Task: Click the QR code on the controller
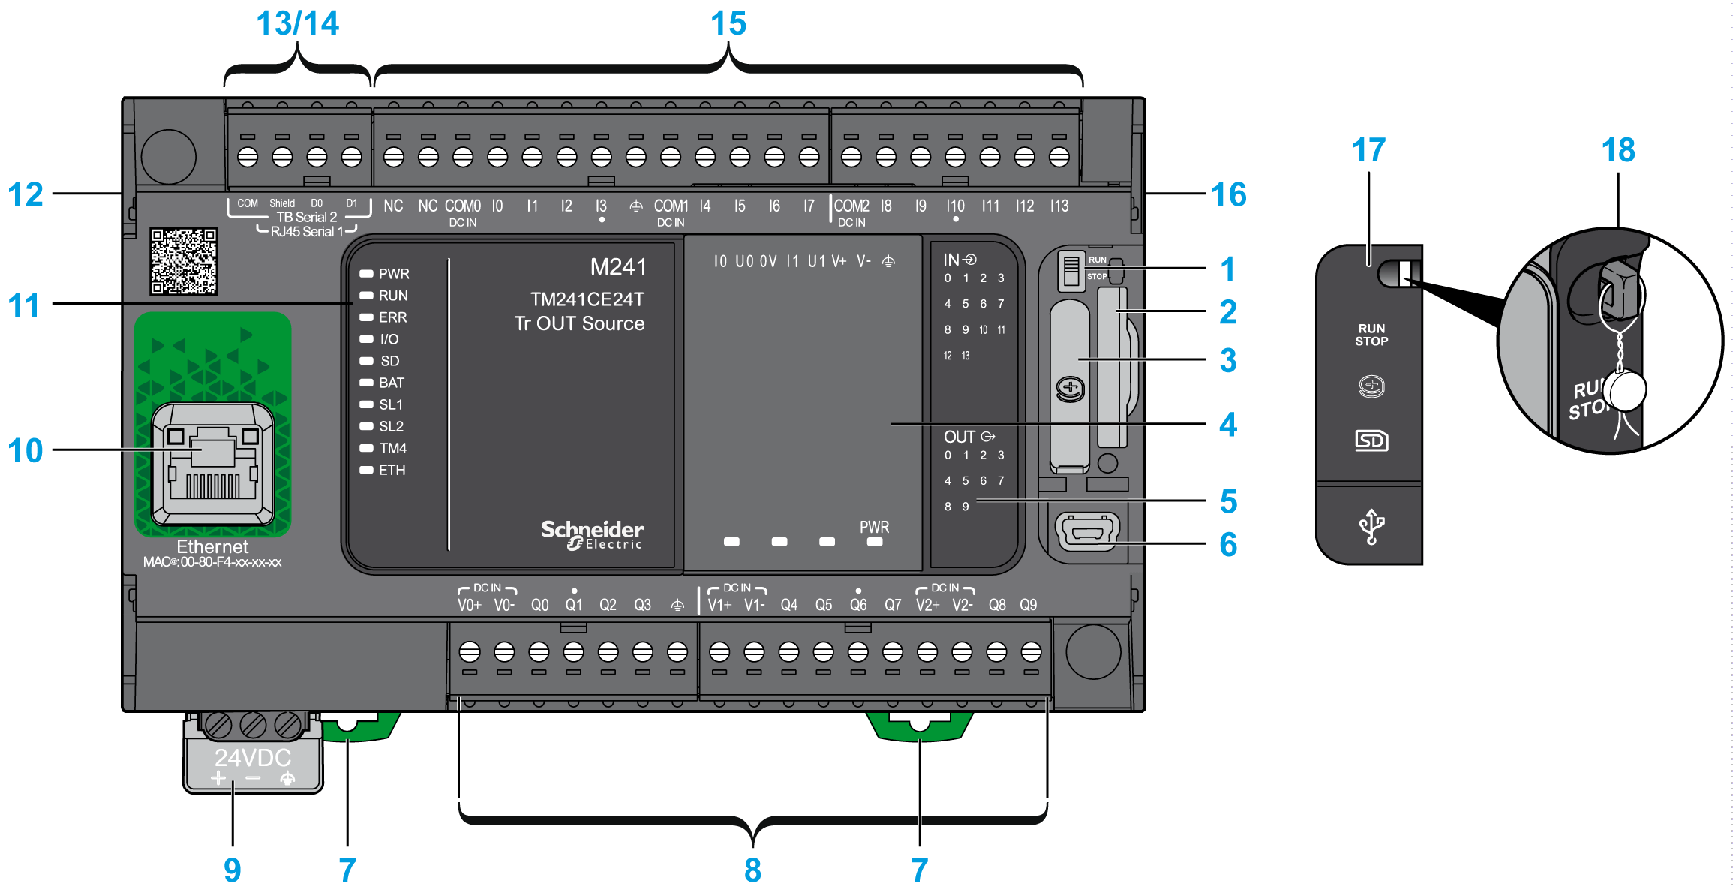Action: [183, 261]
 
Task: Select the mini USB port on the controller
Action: [1087, 531]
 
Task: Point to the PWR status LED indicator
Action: [367, 274]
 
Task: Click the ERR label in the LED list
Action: [392, 317]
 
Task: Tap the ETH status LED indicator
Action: [367, 470]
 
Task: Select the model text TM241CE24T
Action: [587, 299]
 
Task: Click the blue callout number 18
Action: [1617, 150]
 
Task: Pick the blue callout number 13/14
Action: [297, 23]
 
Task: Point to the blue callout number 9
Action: [232, 870]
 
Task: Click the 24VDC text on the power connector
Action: [252, 757]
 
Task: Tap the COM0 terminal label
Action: [462, 206]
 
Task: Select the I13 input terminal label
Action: [1059, 206]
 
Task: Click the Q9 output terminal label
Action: [1028, 605]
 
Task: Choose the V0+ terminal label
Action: [469, 605]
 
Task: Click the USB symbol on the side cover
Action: [1371, 525]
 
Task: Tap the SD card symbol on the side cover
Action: [1371, 440]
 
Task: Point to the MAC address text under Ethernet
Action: [212, 562]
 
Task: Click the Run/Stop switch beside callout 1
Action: [1071, 270]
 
